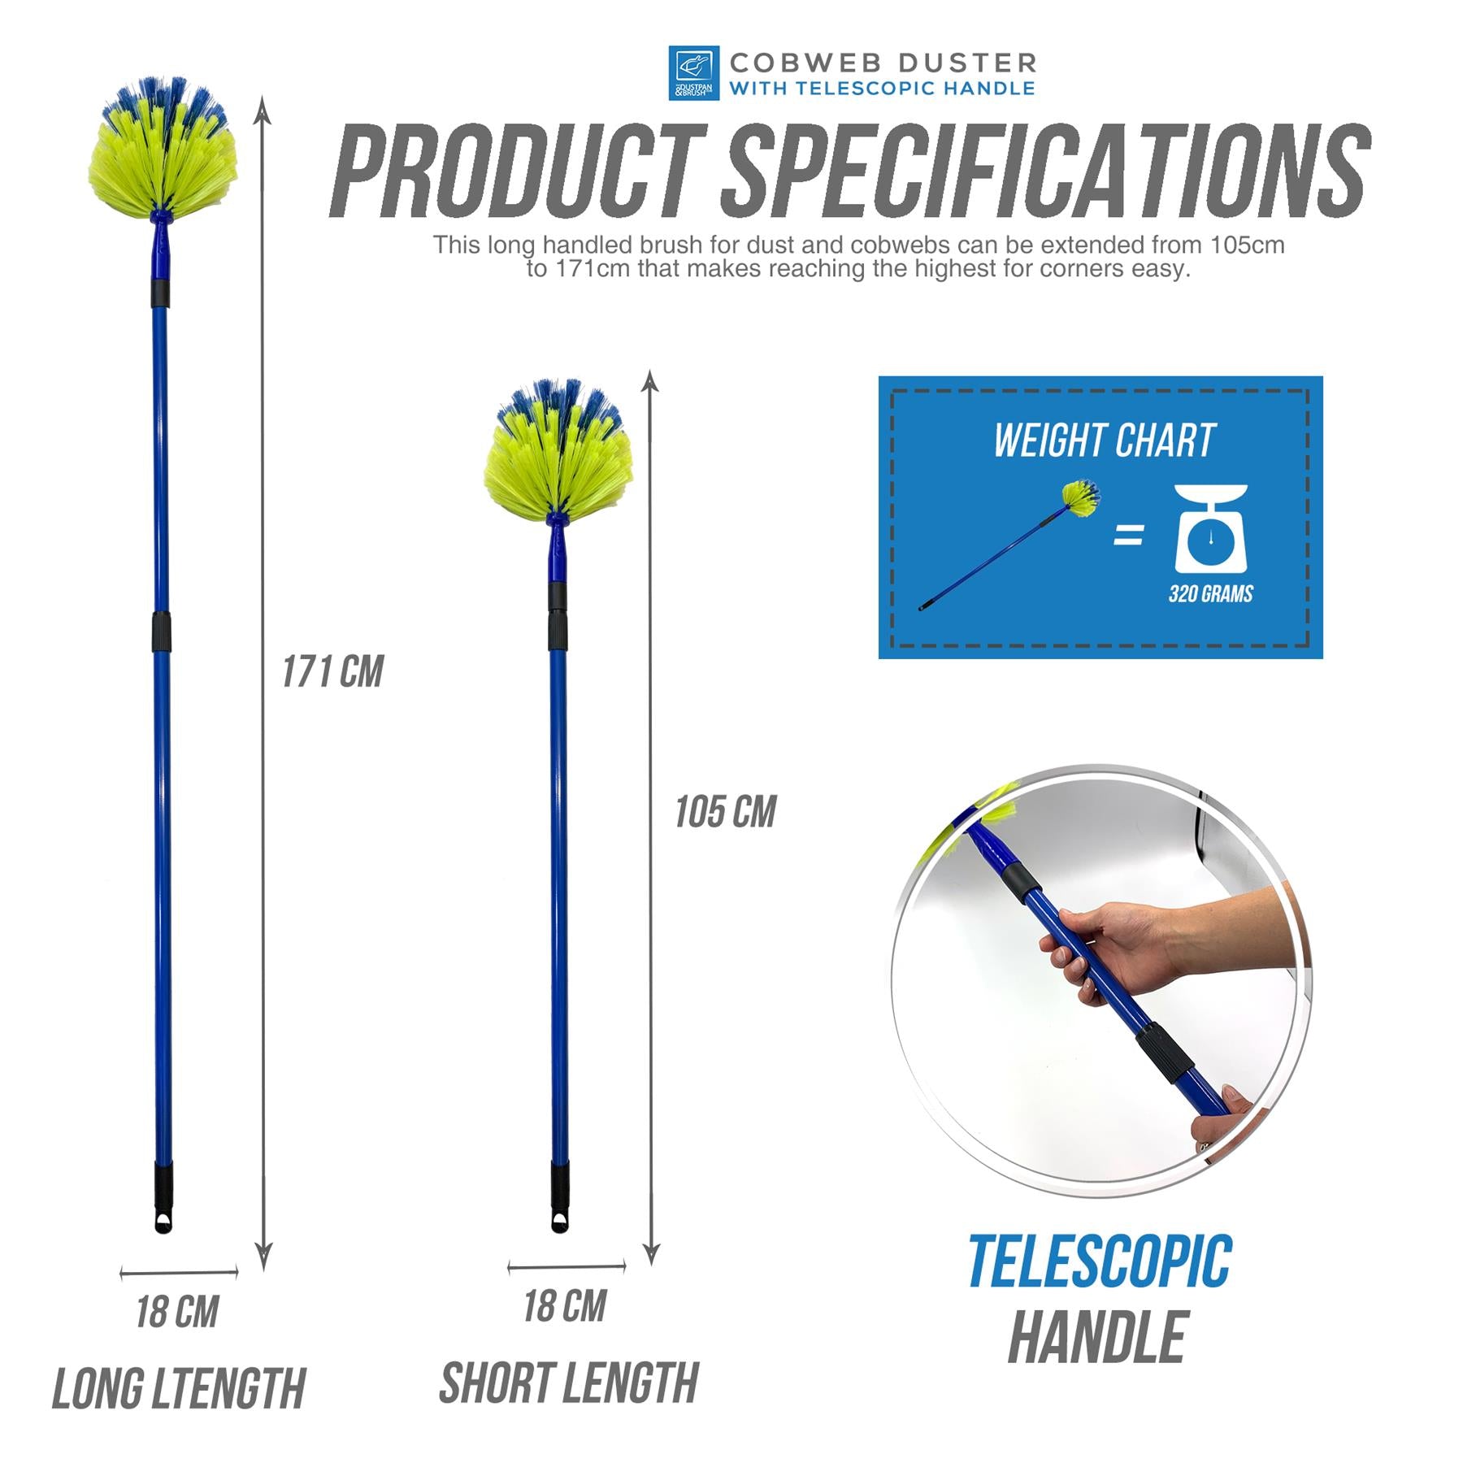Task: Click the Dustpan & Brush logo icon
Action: pos(693,72)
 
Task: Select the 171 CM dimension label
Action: pos(332,672)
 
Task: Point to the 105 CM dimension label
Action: pos(725,812)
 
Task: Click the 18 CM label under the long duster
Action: pos(177,1312)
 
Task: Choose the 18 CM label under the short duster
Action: pos(565,1306)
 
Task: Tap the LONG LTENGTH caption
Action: pos(178,1388)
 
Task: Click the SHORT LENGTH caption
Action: pos(569,1383)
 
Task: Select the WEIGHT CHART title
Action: pos(1104,441)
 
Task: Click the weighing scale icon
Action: pos(1211,527)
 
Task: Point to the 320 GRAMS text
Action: pos(1210,594)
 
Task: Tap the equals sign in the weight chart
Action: pos(1128,535)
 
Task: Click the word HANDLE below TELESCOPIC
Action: pos(1097,1337)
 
